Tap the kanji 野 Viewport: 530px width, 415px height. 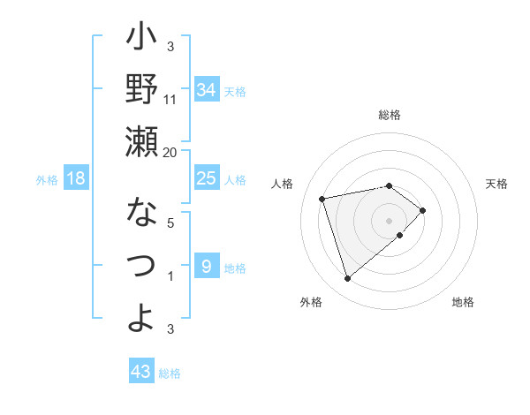(141, 90)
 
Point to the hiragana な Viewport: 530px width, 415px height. (141, 213)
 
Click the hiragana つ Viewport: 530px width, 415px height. (141, 265)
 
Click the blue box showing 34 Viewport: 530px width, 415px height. (207, 89)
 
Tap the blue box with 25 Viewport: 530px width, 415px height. (207, 178)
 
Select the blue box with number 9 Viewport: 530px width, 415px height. (206, 266)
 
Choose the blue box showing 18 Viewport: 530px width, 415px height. (76, 178)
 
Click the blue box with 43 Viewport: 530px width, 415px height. (140, 372)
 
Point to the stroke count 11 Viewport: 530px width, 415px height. (170, 99)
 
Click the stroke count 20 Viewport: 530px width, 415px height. (170, 152)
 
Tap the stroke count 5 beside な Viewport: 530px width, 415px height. (170, 223)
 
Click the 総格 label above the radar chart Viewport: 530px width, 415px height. (390, 115)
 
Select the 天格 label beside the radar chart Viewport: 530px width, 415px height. (496, 184)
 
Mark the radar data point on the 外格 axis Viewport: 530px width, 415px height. (347, 279)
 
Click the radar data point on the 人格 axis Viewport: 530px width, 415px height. (322, 198)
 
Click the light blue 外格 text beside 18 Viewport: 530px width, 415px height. (46, 179)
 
